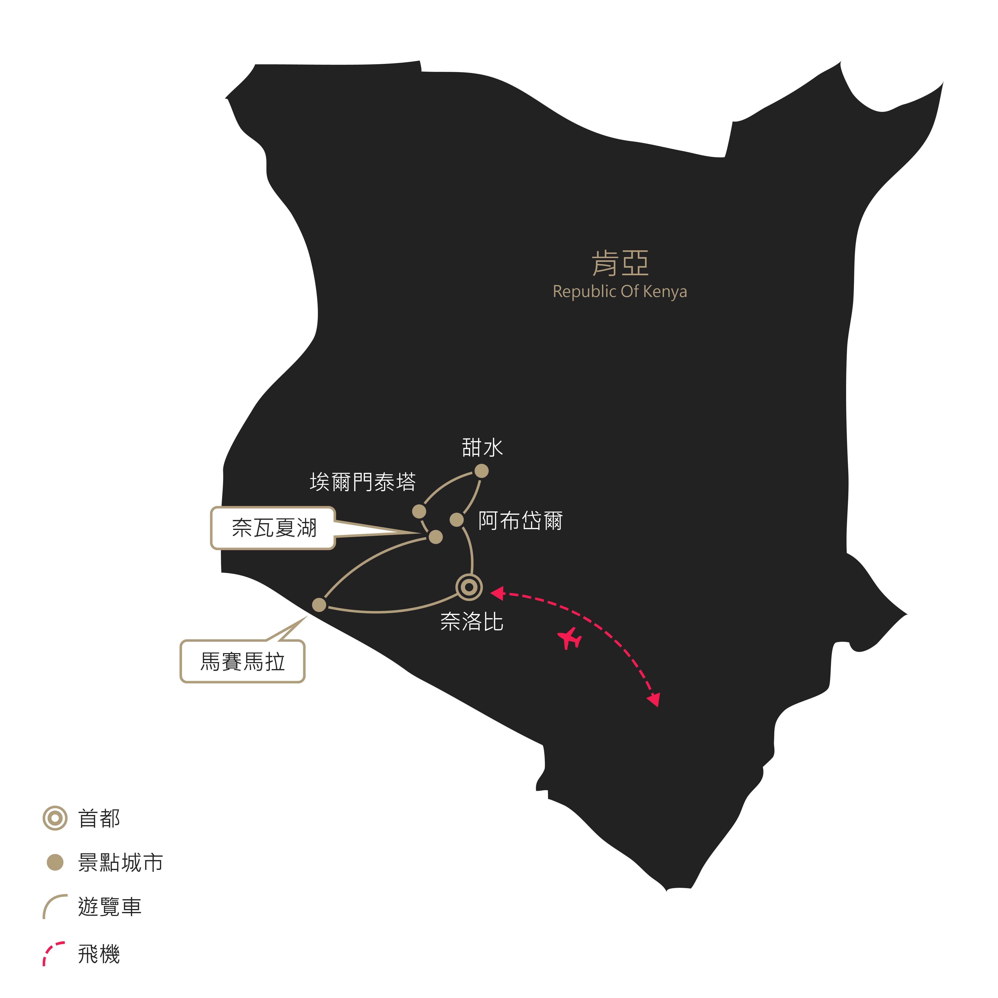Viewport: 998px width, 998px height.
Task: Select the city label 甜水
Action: [482, 447]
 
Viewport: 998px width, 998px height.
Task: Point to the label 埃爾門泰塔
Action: [363, 482]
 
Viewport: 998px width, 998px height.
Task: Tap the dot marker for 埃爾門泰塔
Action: [419, 511]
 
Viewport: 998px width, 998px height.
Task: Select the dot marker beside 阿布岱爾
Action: [457, 520]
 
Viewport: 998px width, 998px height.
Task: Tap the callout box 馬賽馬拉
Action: [242, 662]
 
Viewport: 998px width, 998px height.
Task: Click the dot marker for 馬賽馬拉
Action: [319, 605]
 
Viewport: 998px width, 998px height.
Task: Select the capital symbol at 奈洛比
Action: [469, 587]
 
